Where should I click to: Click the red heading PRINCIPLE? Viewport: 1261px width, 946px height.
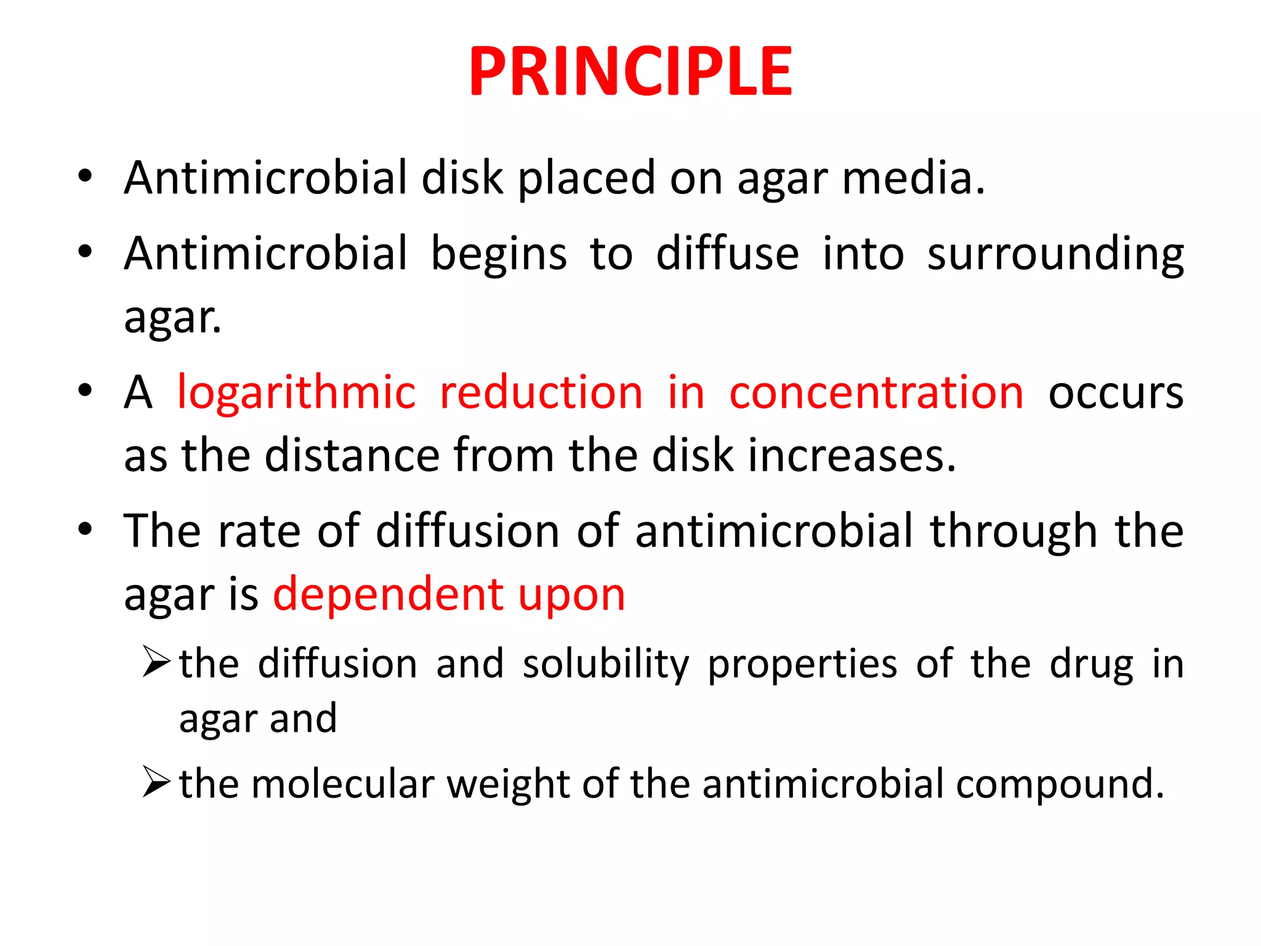[x=630, y=72]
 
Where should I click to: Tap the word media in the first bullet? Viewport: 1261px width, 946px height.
[x=913, y=178]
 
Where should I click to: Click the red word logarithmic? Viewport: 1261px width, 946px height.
[x=296, y=393]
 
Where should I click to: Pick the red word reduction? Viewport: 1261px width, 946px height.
[x=541, y=393]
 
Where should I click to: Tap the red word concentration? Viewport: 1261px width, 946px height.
[x=876, y=393]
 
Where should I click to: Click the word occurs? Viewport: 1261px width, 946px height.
[x=1116, y=393]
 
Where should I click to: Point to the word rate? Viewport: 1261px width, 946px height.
[x=259, y=531]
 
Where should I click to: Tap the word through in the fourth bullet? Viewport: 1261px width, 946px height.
[x=1013, y=531]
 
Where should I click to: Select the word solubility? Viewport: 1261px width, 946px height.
[x=606, y=665]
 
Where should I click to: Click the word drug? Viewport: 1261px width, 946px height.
[x=1091, y=665]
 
